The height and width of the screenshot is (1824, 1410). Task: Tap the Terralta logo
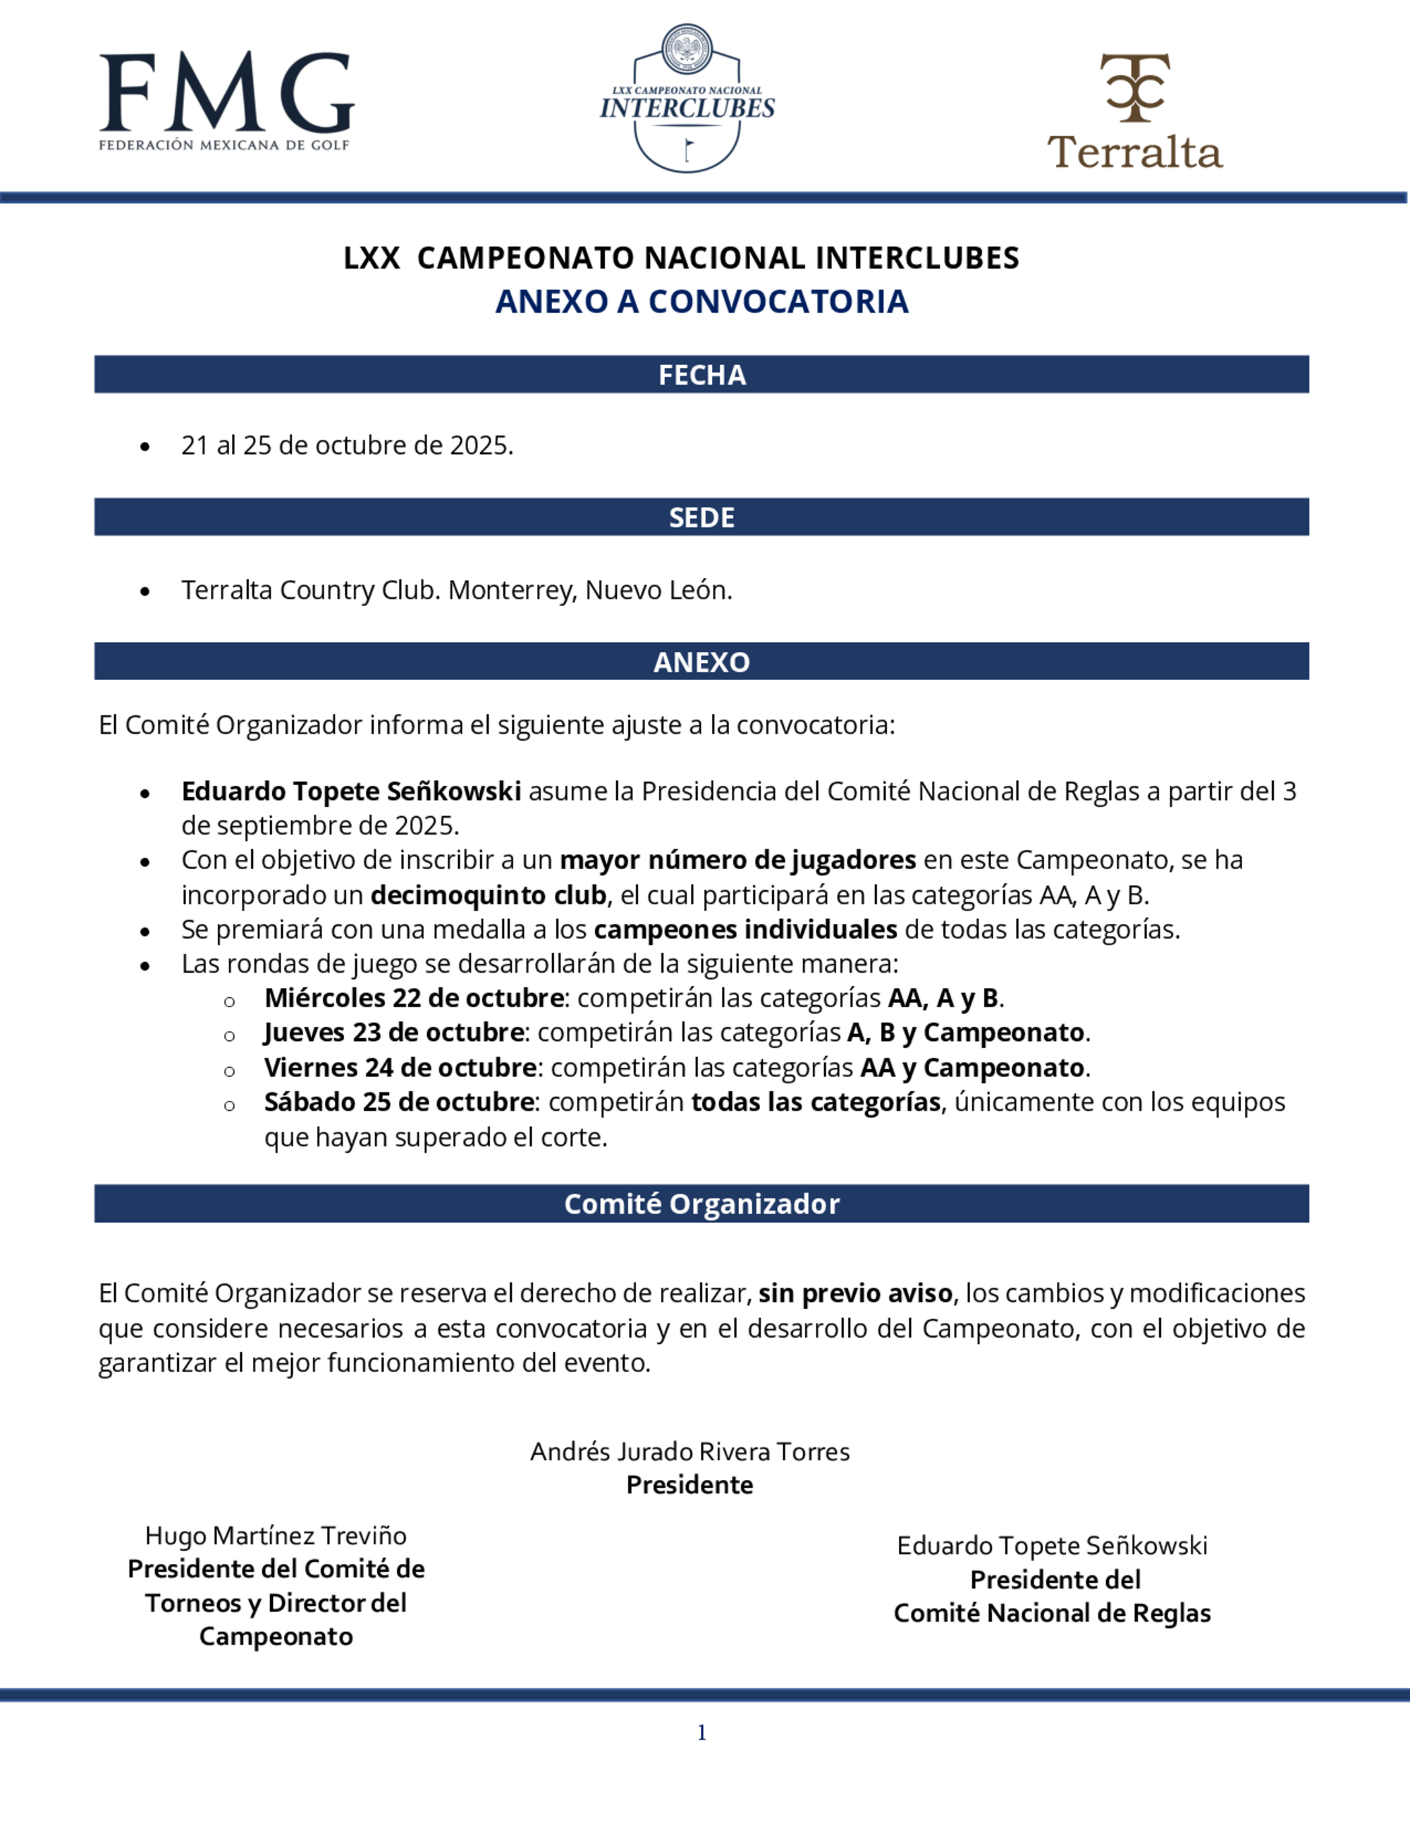[1134, 112]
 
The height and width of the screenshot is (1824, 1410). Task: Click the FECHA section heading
[701, 375]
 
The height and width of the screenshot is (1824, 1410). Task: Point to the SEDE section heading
[701, 518]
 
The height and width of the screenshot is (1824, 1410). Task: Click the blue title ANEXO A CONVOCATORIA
[701, 302]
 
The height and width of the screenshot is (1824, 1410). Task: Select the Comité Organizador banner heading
[701, 1204]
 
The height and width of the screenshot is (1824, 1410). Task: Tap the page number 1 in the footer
[701, 1733]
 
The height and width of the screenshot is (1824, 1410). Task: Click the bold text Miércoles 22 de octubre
[413, 998]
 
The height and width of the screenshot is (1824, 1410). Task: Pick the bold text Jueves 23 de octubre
[393, 1033]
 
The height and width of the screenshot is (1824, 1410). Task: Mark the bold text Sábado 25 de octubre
[399, 1102]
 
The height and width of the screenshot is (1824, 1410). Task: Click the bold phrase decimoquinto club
[488, 895]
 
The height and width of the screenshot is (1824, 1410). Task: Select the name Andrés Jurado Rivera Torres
[690, 1451]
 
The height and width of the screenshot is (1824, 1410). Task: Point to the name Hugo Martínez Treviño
[276, 1536]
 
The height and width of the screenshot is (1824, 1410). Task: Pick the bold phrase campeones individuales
[745, 930]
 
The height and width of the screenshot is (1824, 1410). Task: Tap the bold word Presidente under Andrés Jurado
[690, 1485]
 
